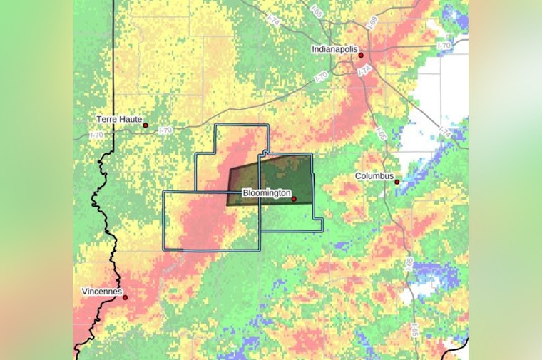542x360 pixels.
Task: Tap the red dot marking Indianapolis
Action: (x=361, y=55)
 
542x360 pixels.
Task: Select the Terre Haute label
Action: (x=119, y=119)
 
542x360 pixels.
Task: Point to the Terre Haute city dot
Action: (x=145, y=125)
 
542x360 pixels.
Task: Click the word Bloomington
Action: (x=266, y=192)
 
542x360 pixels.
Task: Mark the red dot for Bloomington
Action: (x=294, y=199)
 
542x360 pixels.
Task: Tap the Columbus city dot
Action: (x=397, y=182)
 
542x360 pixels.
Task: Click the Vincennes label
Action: (x=101, y=292)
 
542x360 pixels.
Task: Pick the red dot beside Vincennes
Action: (x=126, y=297)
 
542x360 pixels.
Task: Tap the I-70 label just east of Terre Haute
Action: (x=165, y=130)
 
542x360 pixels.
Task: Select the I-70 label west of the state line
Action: (x=96, y=135)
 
